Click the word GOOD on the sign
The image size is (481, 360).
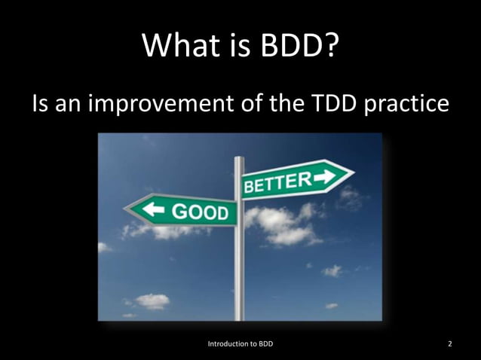point(201,212)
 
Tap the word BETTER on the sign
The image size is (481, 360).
point(277,182)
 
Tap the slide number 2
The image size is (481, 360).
point(450,344)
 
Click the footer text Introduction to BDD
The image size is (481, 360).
point(240,344)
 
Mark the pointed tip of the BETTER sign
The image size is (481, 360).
point(353,175)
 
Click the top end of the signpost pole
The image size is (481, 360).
point(240,159)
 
